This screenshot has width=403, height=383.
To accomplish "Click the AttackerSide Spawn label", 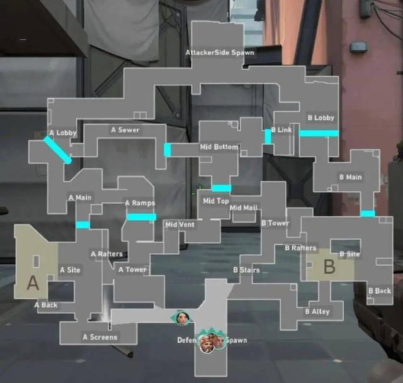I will point(220,52).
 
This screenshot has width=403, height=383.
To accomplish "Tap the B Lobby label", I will point(321,118).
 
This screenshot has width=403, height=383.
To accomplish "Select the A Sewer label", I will point(125,130).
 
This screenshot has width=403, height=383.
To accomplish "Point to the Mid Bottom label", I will point(219,147).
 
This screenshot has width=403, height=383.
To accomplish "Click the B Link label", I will point(281,130).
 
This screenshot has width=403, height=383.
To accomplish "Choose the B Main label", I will point(351,177).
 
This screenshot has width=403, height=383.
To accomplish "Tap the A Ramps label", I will point(140,203).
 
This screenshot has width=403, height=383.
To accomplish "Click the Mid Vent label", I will point(179,225).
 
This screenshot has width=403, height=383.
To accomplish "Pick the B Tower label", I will point(275,223).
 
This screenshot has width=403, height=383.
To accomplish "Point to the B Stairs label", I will point(246,270).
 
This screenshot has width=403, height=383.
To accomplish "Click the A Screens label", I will point(99,337).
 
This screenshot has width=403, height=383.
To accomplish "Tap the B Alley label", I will point(317,311).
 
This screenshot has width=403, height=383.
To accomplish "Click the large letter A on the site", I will point(33,284).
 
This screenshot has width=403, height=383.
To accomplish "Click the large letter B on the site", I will point(329,267).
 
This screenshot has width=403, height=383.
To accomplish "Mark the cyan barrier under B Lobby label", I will point(318,133).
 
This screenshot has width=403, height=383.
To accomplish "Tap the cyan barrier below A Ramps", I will point(141,217).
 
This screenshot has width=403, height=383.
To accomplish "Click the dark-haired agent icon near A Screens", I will point(181,318).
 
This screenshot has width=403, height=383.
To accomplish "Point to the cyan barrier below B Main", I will point(368,214).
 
